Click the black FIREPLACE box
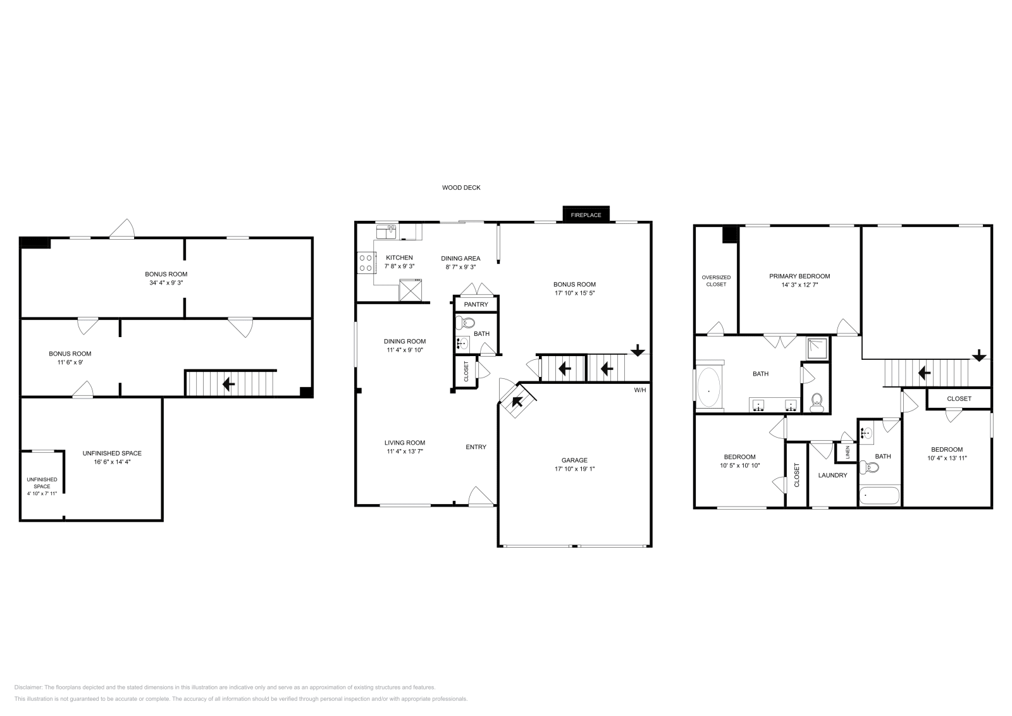(586, 215)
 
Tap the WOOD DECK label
(461, 188)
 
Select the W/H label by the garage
(640, 390)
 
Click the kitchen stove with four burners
(366, 262)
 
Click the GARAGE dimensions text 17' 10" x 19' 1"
(574, 469)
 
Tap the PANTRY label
(476, 304)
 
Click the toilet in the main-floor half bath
(467, 323)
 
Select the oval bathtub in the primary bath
(708, 387)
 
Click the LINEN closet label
(848, 453)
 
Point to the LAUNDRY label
(832, 475)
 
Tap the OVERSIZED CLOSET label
(716, 281)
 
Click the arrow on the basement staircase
(228, 384)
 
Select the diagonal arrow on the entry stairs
(517, 401)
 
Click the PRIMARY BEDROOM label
(799, 276)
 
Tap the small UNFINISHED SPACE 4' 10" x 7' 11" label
(42, 486)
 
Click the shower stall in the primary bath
(817, 349)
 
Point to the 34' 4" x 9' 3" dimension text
(166, 283)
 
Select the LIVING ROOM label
(405, 443)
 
